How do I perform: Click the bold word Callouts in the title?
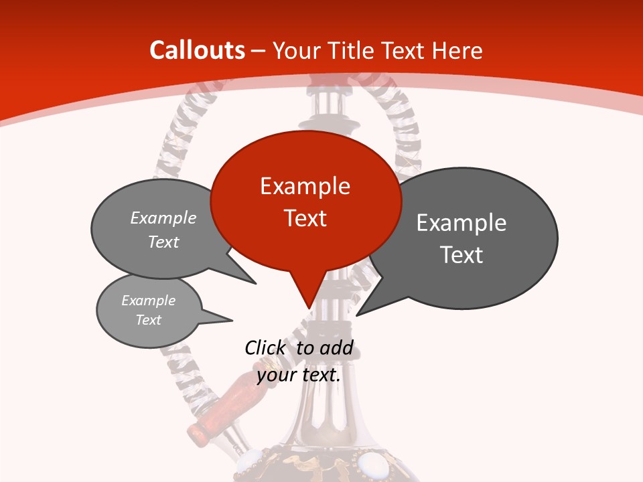tap(197, 50)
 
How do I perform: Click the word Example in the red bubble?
tap(305, 186)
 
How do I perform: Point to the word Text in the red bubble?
tap(305, 218)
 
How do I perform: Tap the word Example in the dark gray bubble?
tap(461, 223)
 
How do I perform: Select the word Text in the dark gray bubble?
tap(461, 255)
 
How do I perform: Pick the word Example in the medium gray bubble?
tap(163, 218)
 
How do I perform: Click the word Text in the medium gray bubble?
tap(163, 242)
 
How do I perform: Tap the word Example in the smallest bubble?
tap(148, 301)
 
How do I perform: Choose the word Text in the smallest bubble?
tap(148, 320)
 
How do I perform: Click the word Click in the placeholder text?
tap(265, 347)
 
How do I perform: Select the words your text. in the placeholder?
tap(299, 375)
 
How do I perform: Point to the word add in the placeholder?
tap(336, 347)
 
